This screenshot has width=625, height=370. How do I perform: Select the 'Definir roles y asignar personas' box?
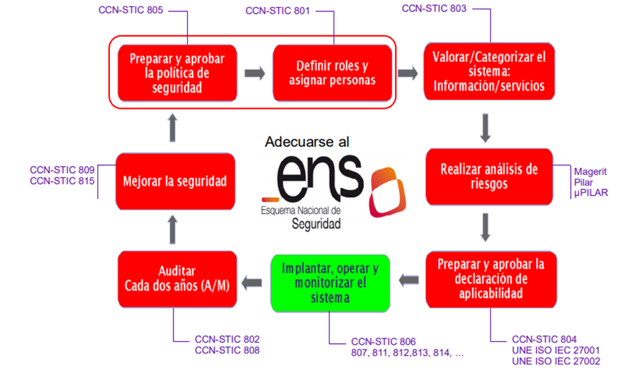pyautogui.click(x=332, y=72)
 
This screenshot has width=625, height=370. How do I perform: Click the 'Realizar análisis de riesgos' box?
pyautogui.click(x=488, y=177)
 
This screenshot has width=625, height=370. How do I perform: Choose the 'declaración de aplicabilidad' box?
pyautogui.click(x=488, y=280)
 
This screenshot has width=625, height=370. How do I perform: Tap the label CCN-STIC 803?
pyautogui.click(x=434, y=8)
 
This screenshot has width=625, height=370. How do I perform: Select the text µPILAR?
pyautogui.click(x=591, y=193)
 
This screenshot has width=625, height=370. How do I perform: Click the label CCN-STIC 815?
pyautogui.click(x=62, y=181)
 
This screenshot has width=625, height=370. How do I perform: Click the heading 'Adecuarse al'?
pyautogui.click(x=307, y=142)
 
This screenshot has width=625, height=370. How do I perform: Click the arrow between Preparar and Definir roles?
pyautogui.click(x=255, y=73)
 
